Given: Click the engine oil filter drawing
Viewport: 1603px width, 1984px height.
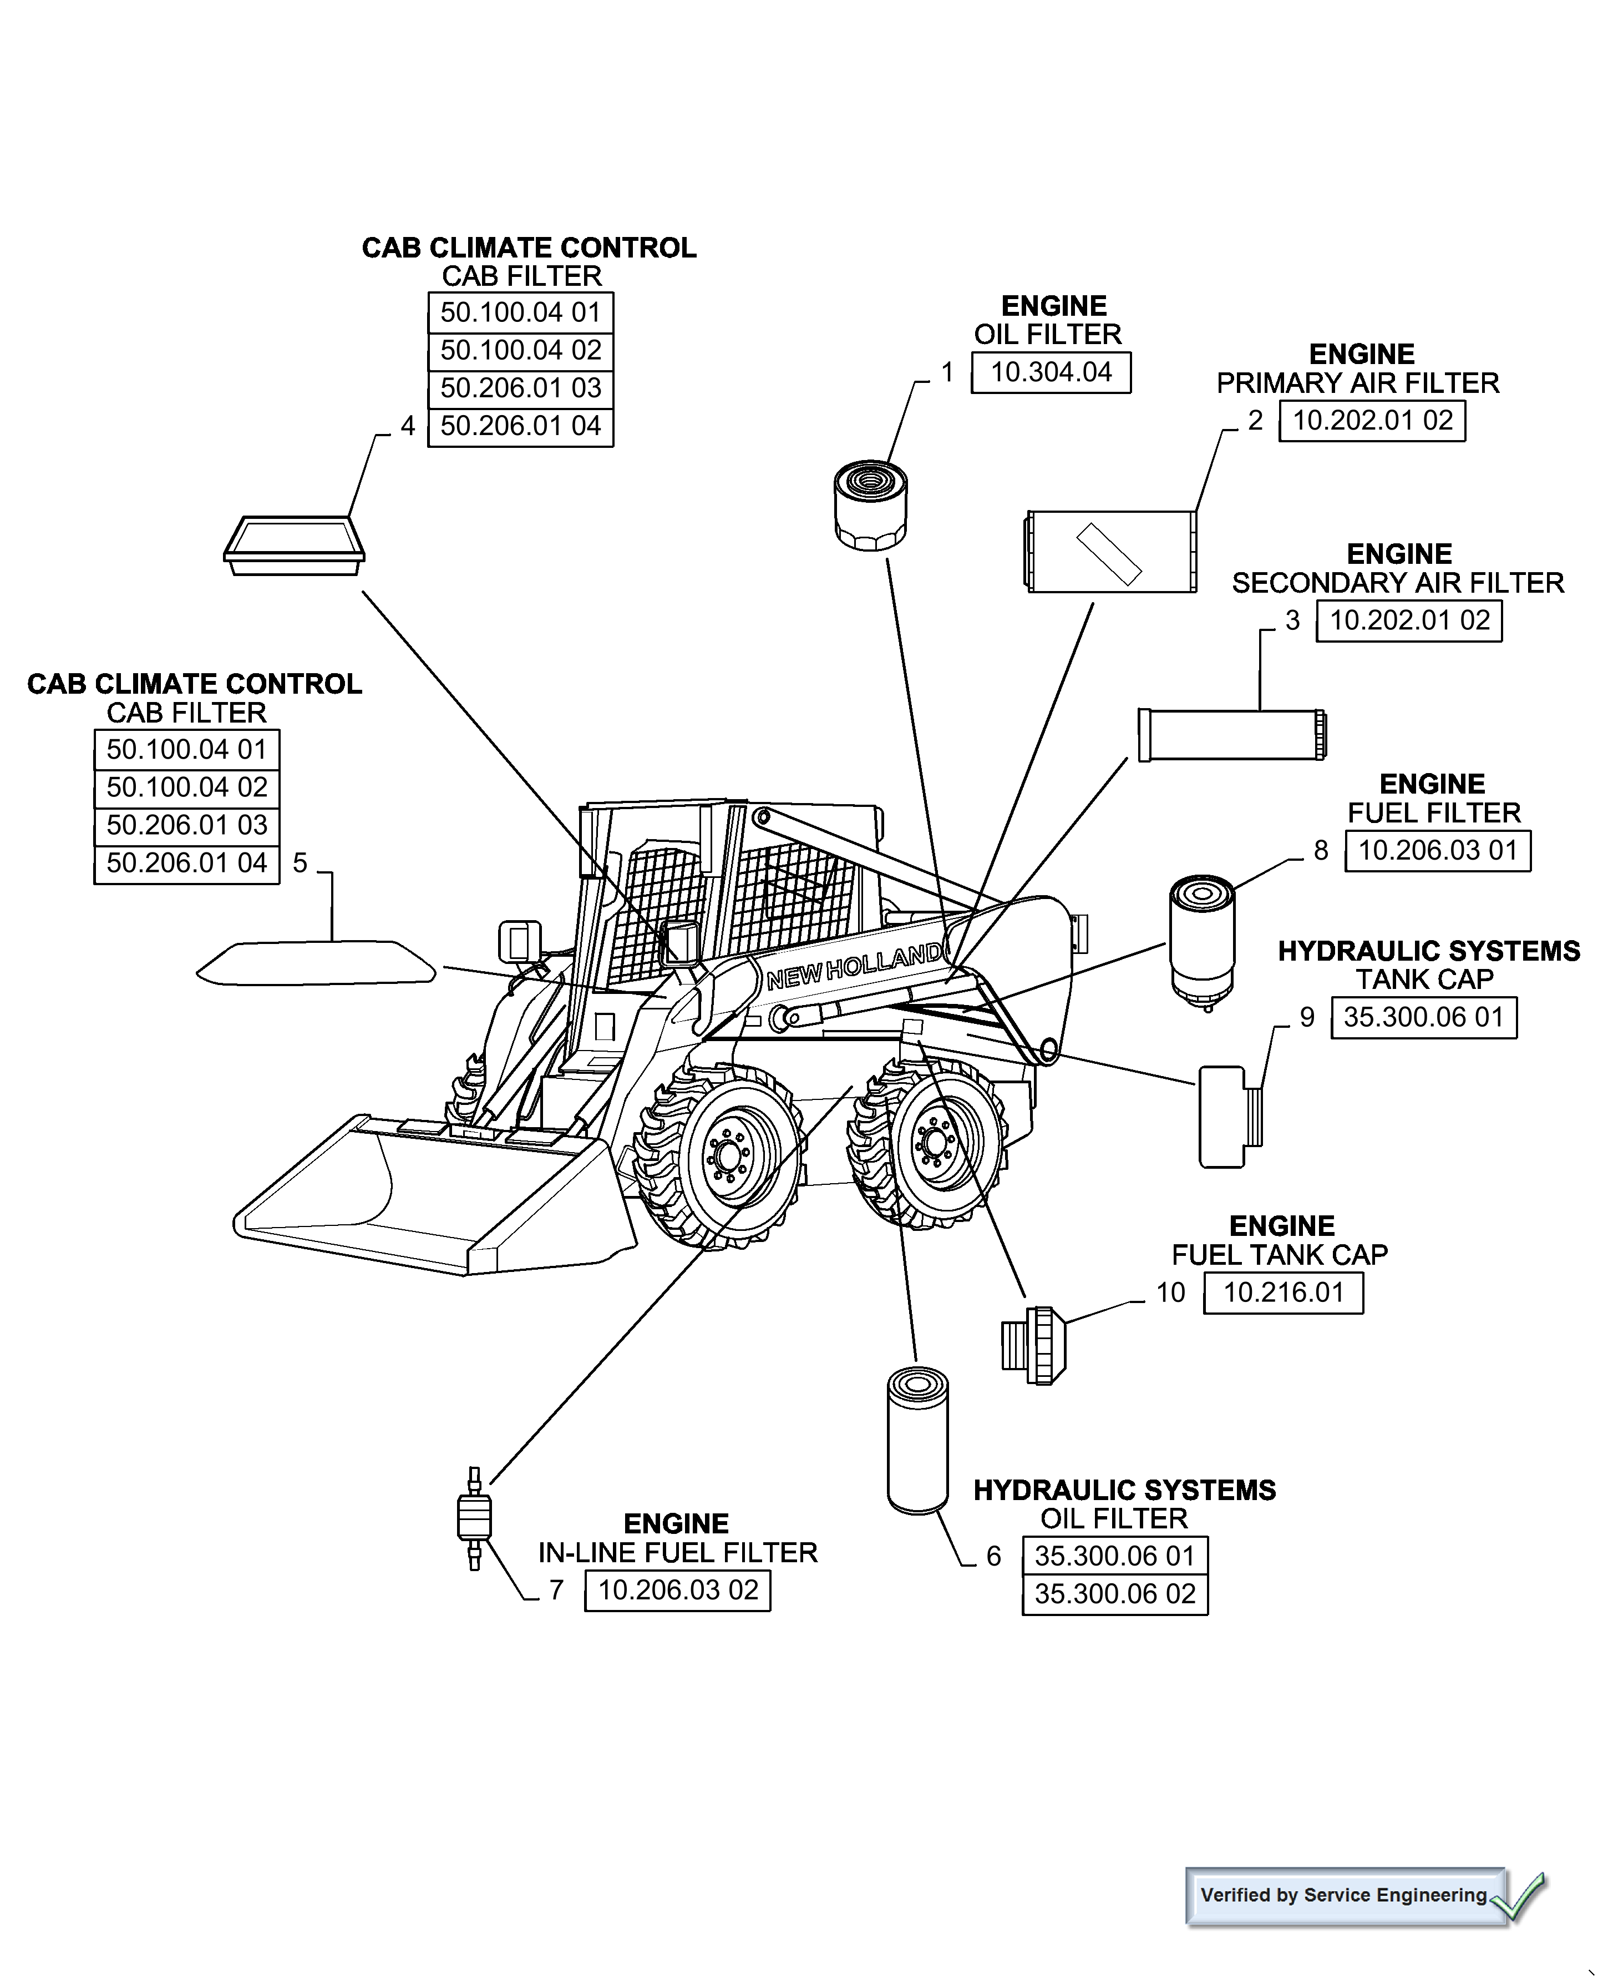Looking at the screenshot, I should coord(870,506).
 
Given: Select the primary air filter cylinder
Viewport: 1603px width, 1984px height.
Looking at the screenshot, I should coord(1112,552).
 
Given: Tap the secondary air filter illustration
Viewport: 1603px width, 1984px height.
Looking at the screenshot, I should coord(1232,735).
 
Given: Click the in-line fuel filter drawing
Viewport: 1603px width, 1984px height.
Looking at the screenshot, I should coord(475,1518).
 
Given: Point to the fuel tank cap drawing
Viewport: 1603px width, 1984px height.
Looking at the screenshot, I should coord(1034,1346).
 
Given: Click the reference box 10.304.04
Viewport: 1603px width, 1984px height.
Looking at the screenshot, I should coord(1050,372).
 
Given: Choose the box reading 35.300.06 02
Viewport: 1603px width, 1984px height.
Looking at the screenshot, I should coord(1114,1594).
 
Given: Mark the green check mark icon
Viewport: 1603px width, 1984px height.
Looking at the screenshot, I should coord(1522,1897).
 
